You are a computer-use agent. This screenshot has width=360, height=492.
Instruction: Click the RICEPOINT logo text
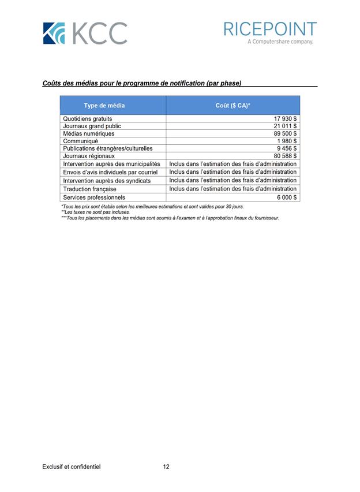[270, 29]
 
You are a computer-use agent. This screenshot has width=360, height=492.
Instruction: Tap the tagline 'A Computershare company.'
[280, 42]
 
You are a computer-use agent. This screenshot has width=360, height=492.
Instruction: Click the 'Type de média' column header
[104, 106]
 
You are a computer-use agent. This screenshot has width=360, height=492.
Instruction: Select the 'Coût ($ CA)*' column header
[232, 106]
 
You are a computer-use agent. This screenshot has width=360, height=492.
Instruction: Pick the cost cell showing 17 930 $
[285, 118]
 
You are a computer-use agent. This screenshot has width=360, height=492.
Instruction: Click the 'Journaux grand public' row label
[92, 126]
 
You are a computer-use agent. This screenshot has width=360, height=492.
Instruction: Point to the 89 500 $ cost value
[285, 133]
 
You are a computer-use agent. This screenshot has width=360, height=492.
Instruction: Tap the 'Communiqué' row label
[80, 141]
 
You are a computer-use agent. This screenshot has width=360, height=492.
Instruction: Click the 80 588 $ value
[285, 156]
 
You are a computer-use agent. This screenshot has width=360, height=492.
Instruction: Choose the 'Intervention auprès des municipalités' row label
[111, 164]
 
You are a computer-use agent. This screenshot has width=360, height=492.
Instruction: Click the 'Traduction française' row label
[89, 189]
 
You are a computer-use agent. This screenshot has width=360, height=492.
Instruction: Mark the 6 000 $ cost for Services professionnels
[287, 197]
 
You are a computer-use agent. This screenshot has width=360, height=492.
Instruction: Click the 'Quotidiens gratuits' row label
[87, 118]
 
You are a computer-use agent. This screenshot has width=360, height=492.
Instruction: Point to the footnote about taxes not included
[95, 212]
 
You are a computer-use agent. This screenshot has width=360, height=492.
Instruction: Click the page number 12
[166, 467]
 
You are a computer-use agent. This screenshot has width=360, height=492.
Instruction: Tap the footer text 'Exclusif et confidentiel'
[72, 467]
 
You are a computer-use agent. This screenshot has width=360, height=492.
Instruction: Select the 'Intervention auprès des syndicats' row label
[107, 181]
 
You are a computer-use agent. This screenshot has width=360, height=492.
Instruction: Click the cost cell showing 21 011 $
[285, 126]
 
